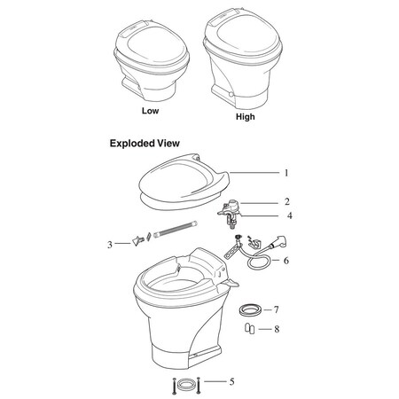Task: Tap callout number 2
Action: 286,202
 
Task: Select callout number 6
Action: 286,261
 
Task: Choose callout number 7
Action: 277,310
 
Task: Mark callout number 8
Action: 277,330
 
